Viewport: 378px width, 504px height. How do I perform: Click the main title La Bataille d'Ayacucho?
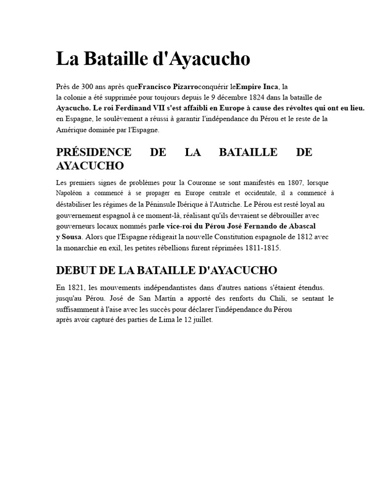pyautogui.click(x=153, y=59)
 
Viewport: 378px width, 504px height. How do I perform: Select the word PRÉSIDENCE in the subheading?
pyautogui.click(x=94, y=152)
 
